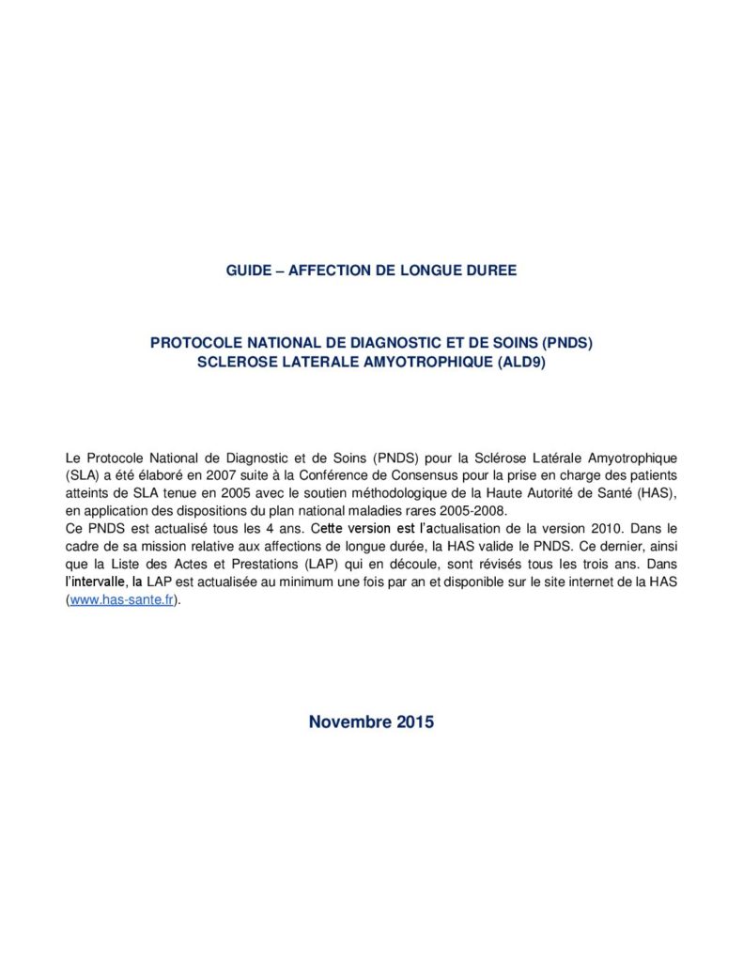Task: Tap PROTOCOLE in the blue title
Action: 194,344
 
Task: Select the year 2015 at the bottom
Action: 414,722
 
